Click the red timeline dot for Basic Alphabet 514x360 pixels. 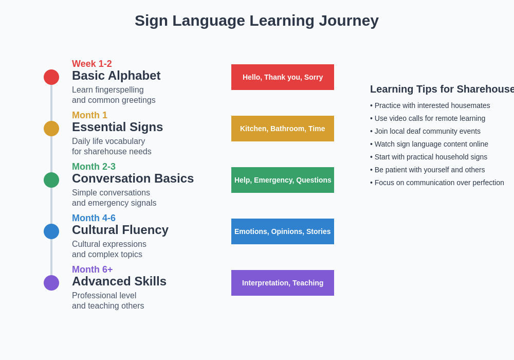(51, 77)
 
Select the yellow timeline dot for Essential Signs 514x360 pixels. (51, 129)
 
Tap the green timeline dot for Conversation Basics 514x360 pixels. (51, 180)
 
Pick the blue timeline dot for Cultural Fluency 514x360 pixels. (51, 231)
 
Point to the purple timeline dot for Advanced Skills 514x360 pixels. (51, 283)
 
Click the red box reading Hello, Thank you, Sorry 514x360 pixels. (283, 77)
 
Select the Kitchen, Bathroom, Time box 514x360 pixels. (283, 129)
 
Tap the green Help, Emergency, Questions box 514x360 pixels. (283, 180)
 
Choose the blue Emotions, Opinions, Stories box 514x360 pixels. (283, 231)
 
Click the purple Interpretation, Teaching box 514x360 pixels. (283, 283)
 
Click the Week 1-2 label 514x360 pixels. (92, 64)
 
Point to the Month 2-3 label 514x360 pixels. (94, 167)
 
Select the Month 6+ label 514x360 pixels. (93, 269)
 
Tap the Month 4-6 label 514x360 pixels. (94, 218)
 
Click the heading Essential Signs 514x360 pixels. (117, 127)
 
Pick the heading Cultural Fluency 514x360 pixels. (120, 230)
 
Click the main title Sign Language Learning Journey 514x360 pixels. (256, 21)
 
